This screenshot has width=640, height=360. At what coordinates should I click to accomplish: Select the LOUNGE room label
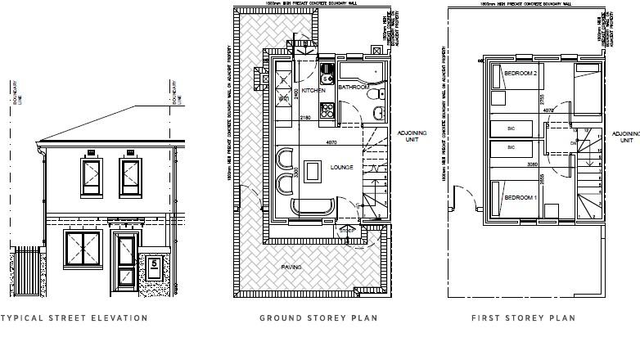342,168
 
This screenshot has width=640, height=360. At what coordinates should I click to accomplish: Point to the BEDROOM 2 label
521,74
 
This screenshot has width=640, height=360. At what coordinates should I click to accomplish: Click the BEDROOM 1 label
521,199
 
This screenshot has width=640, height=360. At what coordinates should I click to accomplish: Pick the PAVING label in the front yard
291,267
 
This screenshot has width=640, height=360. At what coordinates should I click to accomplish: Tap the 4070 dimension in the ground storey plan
331,144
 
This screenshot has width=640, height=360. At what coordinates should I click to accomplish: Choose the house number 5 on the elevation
154,264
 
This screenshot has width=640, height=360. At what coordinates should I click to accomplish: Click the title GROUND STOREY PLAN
318,318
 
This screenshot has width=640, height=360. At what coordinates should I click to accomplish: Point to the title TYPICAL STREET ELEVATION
74,318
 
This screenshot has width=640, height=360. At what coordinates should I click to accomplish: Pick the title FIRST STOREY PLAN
523,318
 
